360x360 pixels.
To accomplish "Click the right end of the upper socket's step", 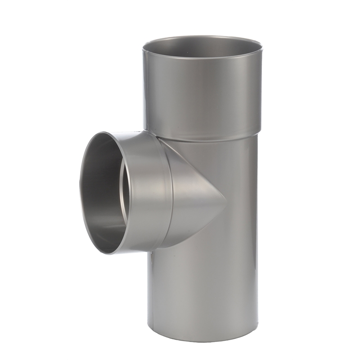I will click(260, 131).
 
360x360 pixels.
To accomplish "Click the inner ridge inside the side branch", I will click(122, 193).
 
